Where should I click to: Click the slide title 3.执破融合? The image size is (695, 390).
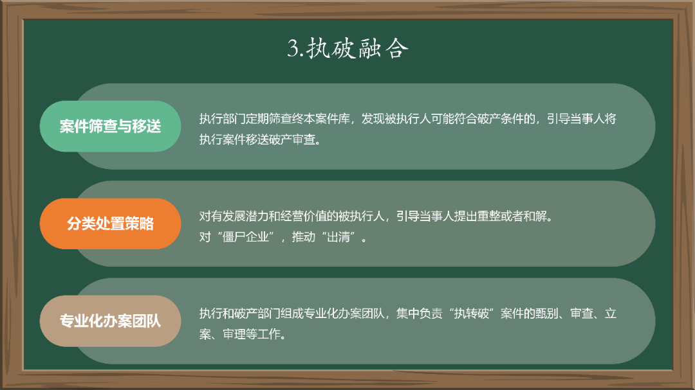click(347, 49)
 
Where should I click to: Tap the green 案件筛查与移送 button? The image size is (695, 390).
click(110, 127)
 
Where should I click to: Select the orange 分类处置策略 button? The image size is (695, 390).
click(110, 224)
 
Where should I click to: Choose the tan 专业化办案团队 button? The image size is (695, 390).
click(110, 321)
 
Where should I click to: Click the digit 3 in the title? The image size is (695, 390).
click(293, 49)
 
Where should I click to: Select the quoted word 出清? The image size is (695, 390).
click(343, 236)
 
